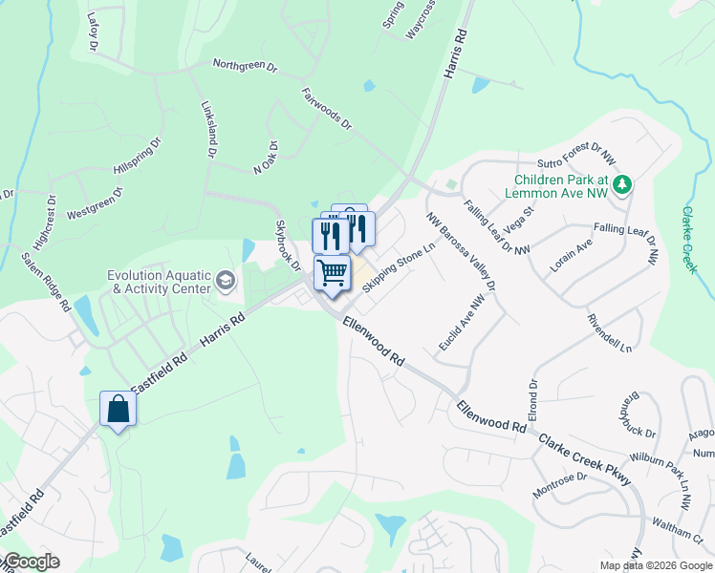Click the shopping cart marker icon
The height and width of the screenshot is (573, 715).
(x=332, y=272)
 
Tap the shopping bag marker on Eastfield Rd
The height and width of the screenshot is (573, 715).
(x=119, y=408)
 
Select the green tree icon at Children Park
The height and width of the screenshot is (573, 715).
(x=622, y=183)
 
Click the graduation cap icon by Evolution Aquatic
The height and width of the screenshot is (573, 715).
(x=225, y=280)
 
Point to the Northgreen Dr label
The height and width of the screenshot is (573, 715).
(x=244, y=67)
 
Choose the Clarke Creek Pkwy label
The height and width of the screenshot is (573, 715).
(x=584, y=458)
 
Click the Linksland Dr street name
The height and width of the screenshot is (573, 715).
(x=207, y=130)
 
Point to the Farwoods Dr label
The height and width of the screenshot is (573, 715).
(x=327, y=110)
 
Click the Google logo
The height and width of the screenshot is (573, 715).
(x=31, y=562)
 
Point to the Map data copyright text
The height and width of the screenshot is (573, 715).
(x=656, y=565)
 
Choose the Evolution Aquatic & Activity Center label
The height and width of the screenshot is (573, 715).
(x=159, y=281)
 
